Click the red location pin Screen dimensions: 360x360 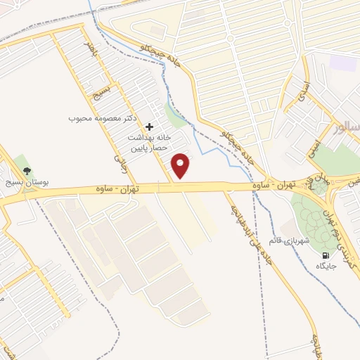181,165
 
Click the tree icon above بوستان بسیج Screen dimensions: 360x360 27,171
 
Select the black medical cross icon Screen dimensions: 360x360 148,127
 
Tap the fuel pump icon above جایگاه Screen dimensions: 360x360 325,255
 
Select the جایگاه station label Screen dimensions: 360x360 326,266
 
